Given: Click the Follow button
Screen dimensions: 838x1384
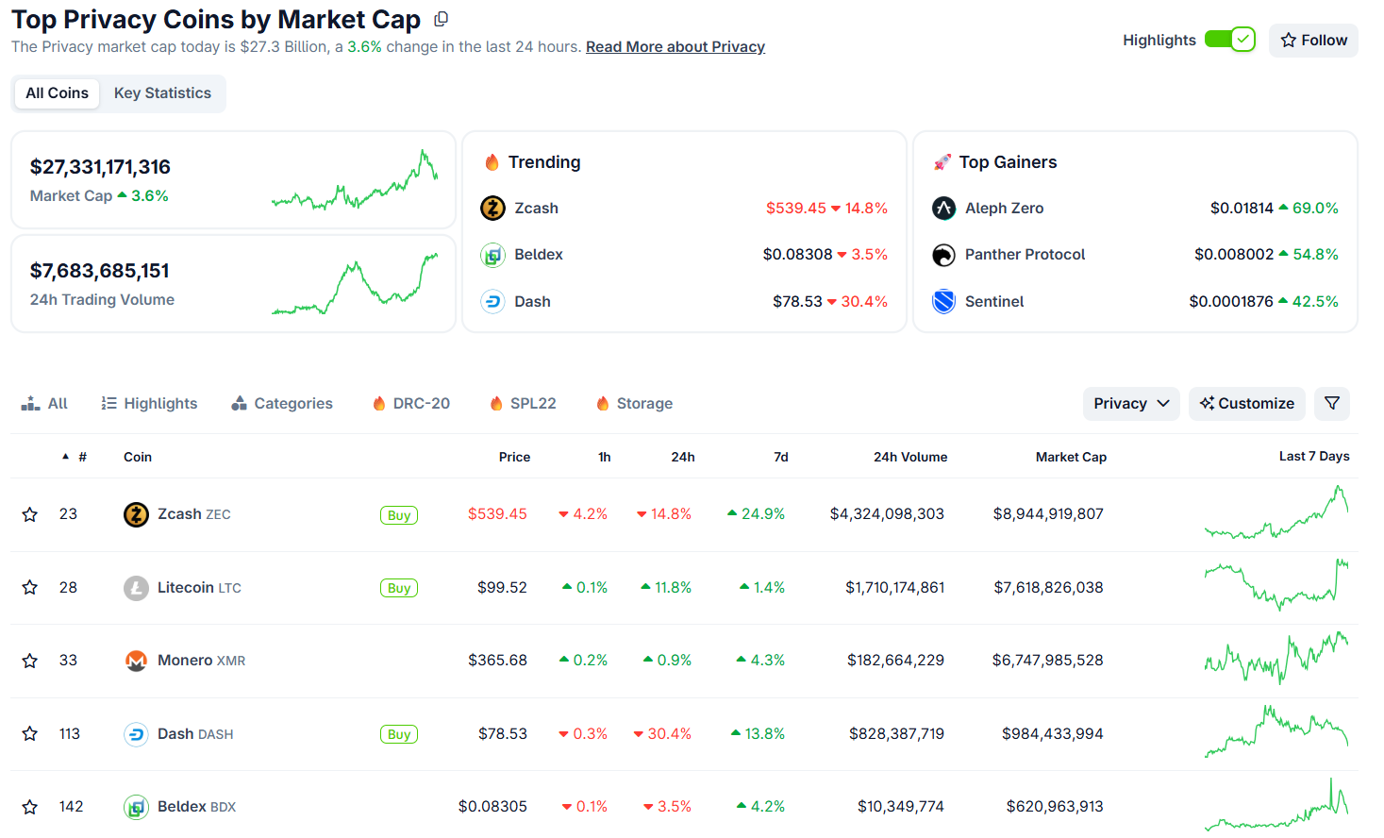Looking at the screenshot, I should click(1313, 41).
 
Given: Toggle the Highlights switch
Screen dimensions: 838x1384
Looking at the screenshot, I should click(1229, 40).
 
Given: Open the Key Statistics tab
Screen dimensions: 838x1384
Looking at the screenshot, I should click(162, 93).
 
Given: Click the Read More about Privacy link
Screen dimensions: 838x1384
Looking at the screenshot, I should click(675, 47).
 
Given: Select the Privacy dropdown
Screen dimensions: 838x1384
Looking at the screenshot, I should click(1130, 404).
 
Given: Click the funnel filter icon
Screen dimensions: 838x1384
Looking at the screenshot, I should click(1332, 404).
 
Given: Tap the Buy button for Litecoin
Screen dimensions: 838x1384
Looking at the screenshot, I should click(398, 588).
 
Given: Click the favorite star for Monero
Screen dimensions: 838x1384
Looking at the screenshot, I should click(30, 661).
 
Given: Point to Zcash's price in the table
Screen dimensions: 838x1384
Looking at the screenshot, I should click(497, 514).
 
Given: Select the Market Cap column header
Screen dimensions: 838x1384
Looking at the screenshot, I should click(1071, 457).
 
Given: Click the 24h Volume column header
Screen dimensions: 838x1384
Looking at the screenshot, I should click(909, 457).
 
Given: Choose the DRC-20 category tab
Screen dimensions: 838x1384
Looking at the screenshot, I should click(411, 404).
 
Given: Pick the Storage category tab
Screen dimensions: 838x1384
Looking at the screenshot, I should click(635, 404).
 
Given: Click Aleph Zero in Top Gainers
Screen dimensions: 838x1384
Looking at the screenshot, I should click(1004, 209).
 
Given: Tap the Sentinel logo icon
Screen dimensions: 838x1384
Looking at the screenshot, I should click(943, 302).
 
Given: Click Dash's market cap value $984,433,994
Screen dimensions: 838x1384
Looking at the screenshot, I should click(1052, 734).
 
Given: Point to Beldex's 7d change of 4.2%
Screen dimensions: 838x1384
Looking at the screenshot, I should click(761, 807).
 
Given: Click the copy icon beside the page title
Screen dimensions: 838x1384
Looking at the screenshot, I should click(441, 19).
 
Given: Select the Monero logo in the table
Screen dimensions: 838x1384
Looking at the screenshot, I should click(136, 661).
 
